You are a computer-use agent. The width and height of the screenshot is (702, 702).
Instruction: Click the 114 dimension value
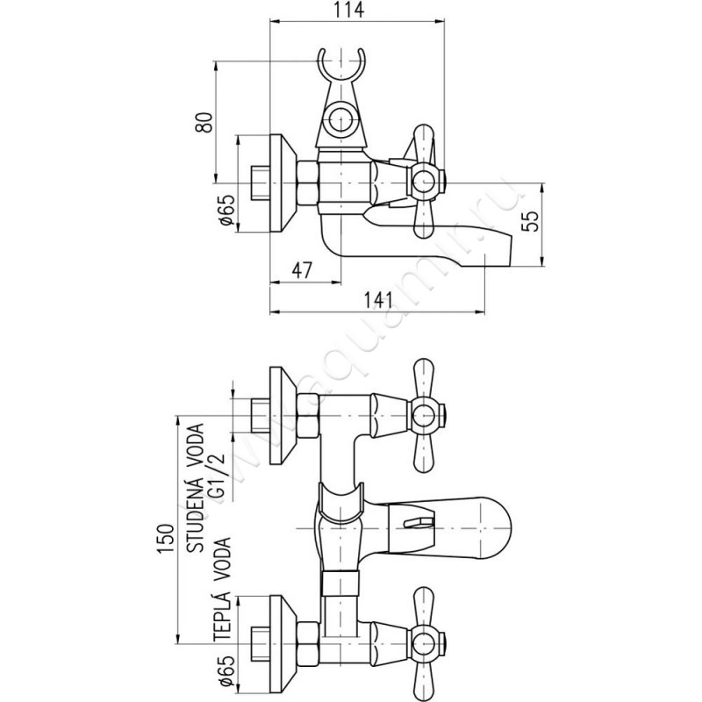point(349,11)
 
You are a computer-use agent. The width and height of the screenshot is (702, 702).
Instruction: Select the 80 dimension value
point(205,122)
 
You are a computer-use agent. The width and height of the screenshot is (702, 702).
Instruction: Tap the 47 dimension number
point(302,270)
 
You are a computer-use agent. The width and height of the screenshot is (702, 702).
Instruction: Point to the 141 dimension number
point(377,300)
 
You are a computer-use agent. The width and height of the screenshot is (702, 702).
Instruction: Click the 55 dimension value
point(532,220)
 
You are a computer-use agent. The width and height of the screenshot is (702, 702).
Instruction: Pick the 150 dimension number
point(165,539)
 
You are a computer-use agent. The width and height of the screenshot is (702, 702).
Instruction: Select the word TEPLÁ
point(222,614)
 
